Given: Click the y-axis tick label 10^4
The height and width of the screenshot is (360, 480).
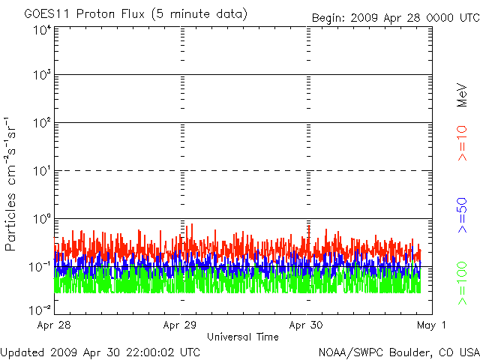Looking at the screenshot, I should [40, 31].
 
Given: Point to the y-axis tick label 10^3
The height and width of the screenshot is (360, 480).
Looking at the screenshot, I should [40, 76].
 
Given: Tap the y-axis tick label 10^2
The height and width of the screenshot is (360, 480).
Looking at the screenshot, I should [40, 123].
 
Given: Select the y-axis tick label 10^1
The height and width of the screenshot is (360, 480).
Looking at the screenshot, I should [40, 171].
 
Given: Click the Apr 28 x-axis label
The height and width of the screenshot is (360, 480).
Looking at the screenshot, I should [54, 325].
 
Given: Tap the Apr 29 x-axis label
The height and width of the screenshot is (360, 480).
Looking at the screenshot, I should [181, 325].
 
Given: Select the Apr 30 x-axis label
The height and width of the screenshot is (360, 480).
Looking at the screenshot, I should [307, 325].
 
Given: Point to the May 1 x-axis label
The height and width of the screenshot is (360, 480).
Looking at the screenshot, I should [432, 325].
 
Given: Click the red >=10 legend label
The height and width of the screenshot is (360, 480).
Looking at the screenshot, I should [463, 142].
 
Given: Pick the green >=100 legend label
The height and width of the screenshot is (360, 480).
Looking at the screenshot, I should [463, 283].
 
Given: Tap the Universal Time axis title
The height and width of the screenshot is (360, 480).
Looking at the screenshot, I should [242, 337].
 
